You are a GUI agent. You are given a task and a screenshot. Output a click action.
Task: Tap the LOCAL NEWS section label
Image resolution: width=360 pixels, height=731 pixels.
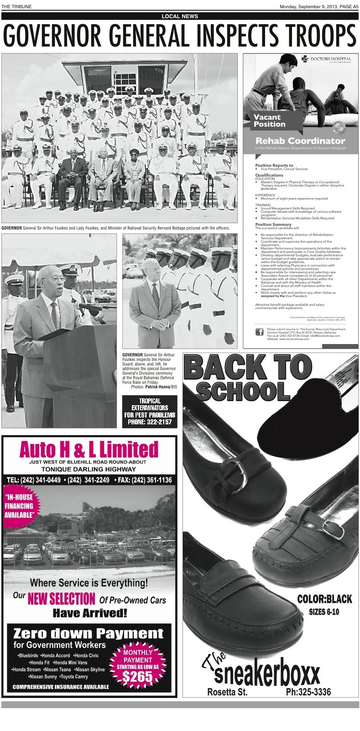180,16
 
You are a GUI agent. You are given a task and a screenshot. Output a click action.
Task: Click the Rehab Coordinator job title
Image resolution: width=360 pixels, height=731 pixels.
300,141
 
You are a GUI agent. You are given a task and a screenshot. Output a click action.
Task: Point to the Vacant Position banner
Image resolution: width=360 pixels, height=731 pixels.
270,120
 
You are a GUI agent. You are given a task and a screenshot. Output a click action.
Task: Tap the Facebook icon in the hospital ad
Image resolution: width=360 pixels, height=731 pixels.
259,332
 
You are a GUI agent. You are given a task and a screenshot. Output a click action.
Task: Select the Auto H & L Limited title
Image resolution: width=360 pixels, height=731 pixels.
89,449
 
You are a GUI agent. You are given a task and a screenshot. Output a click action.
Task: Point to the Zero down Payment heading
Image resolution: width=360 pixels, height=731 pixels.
88,633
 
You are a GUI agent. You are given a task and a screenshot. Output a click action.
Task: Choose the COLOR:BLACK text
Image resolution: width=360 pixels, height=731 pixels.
324,599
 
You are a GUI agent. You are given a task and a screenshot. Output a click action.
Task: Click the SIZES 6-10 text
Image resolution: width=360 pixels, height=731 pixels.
323,612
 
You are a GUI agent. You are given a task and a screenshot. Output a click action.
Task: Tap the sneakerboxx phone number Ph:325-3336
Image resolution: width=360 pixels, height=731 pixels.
308,692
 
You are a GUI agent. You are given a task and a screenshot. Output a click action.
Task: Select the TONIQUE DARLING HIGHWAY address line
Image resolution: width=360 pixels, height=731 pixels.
89,469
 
